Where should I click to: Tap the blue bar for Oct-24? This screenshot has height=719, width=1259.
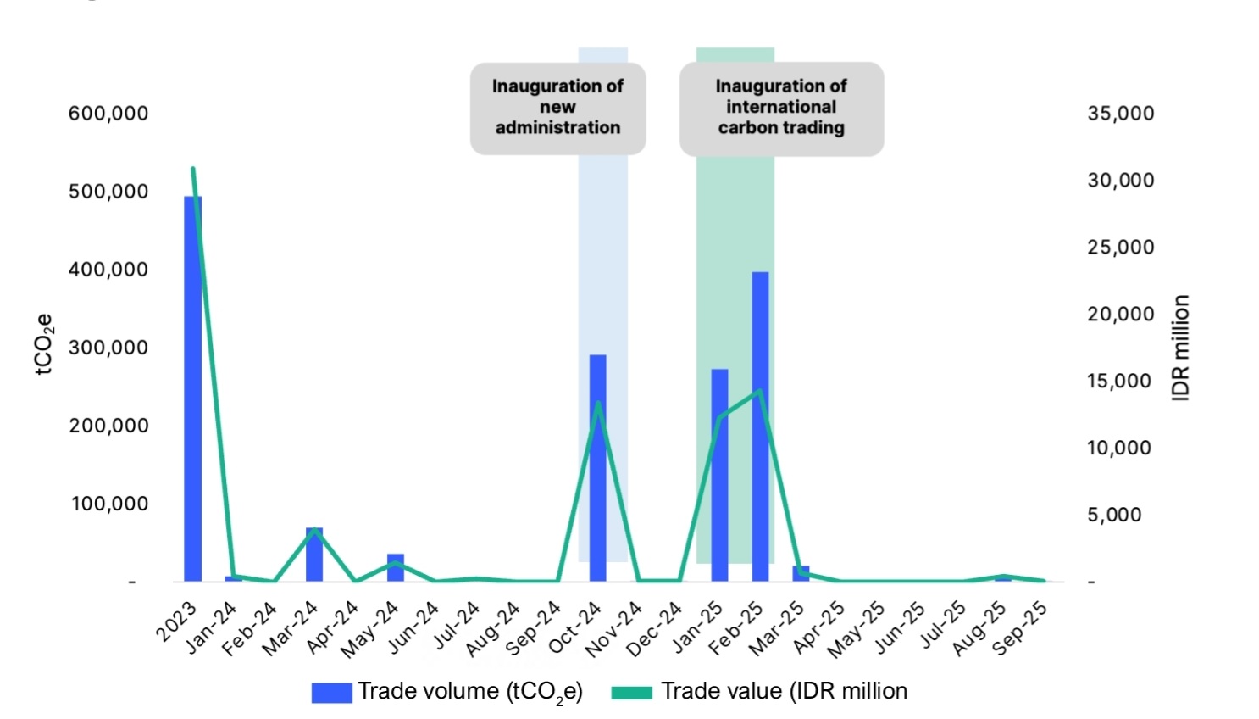(598, 467)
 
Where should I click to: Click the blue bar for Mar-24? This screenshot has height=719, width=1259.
(314, 555)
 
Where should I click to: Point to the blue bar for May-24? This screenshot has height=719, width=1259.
(396, 567)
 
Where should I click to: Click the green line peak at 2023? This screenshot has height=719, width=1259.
(193, 169)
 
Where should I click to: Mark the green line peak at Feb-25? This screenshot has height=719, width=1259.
(760, 391)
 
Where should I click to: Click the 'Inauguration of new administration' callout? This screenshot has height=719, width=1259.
(557, 108)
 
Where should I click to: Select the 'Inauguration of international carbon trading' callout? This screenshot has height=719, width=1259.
(781, 108)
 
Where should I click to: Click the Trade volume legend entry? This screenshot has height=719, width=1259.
(447, 692)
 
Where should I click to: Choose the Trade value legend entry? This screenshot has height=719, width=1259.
(759, 692)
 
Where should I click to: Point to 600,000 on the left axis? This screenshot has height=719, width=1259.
(108, 114)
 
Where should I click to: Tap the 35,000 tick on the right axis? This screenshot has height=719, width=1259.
(1120, 114)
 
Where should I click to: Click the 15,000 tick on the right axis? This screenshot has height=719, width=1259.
(1120, 382)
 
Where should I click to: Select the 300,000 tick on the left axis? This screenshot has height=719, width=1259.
(108, 348)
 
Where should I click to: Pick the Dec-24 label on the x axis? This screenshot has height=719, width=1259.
(655, 628)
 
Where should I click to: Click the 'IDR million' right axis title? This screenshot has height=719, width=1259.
(1181, 348)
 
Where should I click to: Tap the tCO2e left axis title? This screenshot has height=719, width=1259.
(45, 343)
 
